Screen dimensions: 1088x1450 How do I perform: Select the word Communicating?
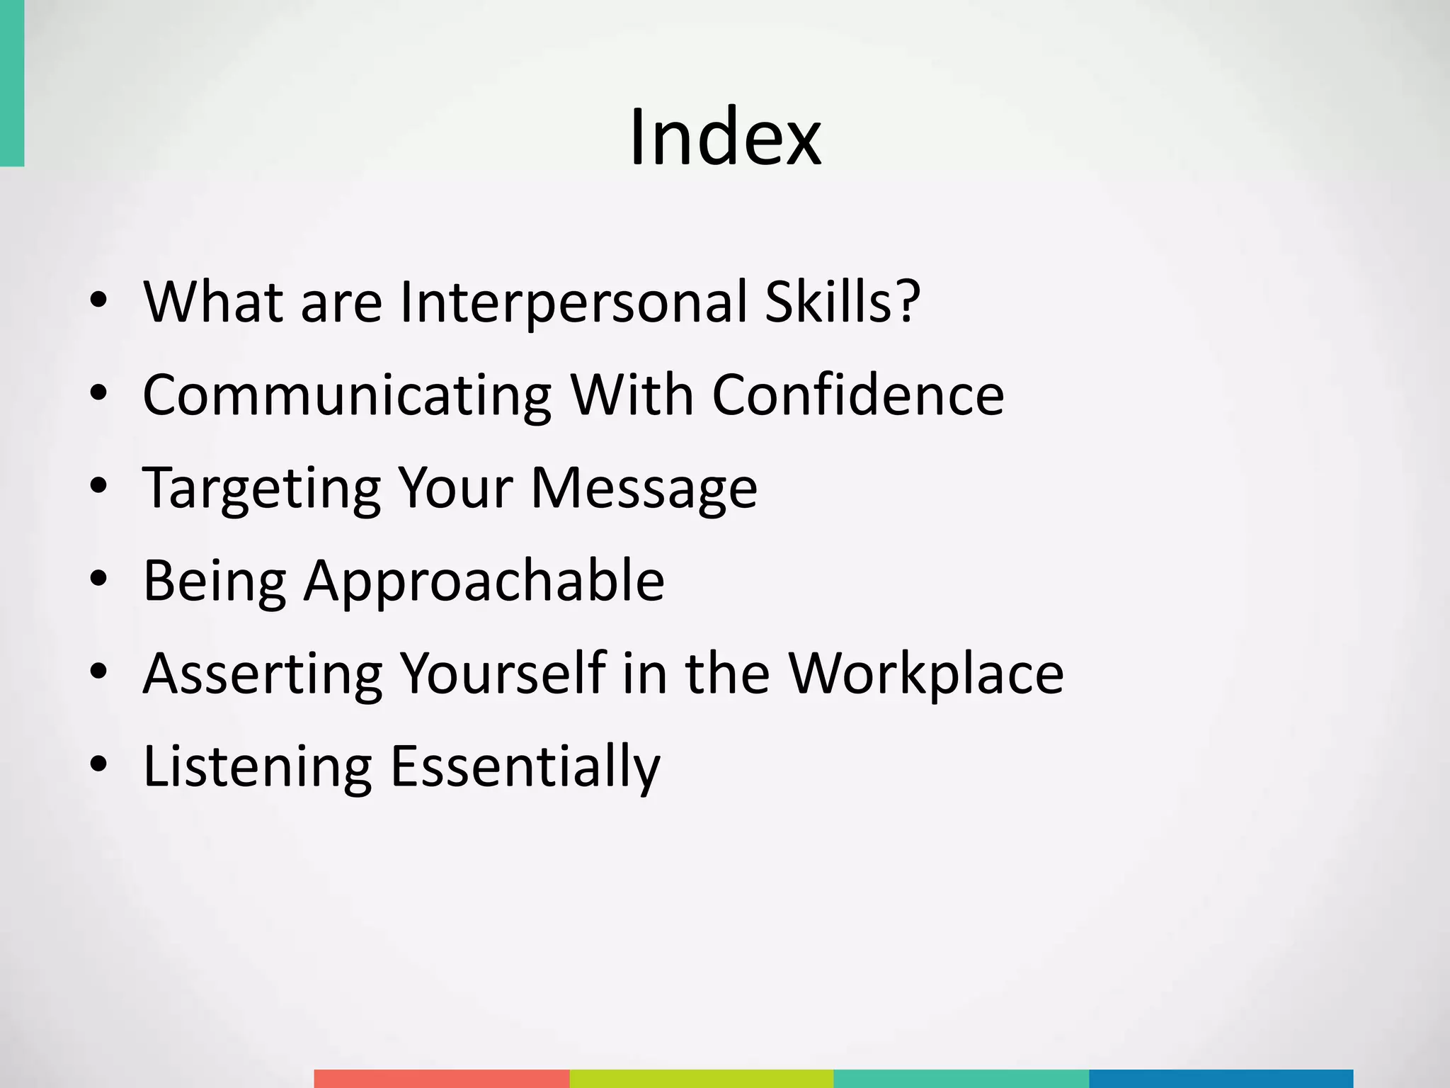coord(347,395)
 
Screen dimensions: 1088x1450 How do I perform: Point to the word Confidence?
coord(857,395)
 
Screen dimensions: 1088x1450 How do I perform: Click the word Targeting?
coord(261,489)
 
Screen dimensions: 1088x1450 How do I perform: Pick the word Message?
coord(644,489)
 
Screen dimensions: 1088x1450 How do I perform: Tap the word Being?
coord(215,582)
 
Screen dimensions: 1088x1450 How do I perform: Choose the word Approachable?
coord(484,582)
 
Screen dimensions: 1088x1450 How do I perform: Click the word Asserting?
coord(263,674)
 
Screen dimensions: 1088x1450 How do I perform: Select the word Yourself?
coord(503,674)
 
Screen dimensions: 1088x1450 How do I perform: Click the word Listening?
coord(257,767)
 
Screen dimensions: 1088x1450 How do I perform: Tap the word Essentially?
coord(525,767)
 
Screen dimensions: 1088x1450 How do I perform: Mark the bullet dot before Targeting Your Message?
coord(99,486)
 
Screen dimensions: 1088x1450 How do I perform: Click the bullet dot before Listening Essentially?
coord(99,764)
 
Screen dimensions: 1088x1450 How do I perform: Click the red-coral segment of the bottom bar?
coord(441,1079)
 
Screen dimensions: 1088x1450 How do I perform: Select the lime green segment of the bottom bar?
coord(701,1079)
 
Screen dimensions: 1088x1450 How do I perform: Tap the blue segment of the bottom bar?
coord(1221,1079)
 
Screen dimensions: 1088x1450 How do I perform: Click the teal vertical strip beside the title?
coord(12,83)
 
